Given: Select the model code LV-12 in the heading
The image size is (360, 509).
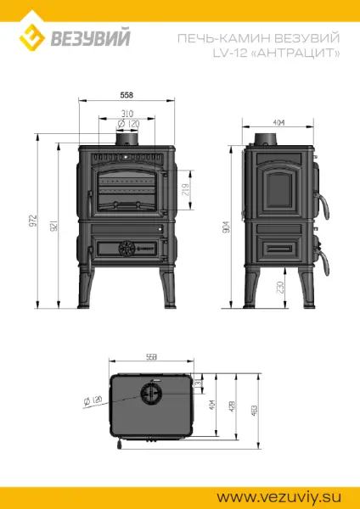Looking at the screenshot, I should point(267,53).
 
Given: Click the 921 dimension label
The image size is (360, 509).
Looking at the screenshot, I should point(53,227).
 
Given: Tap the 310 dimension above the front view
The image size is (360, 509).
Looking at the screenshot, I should point(127,113).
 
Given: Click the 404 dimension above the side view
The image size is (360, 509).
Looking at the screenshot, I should point(278,122).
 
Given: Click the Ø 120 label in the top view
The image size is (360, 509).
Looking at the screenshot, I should point(93,398).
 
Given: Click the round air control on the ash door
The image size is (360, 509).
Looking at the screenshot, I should point(127,248).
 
